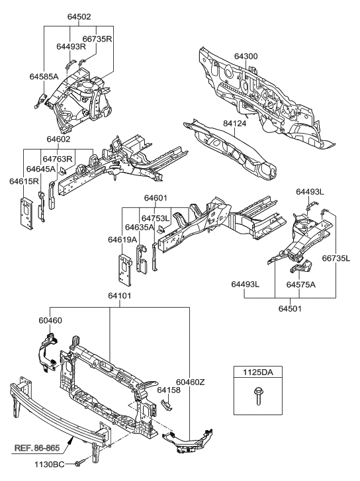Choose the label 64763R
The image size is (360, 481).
(58, 159)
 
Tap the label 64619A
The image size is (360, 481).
(123, 239)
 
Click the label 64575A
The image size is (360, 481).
(302, 284)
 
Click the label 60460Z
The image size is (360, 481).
(190, 381)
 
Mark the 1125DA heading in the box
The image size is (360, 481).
(255, 373)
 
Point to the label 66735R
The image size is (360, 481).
(97, 39)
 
